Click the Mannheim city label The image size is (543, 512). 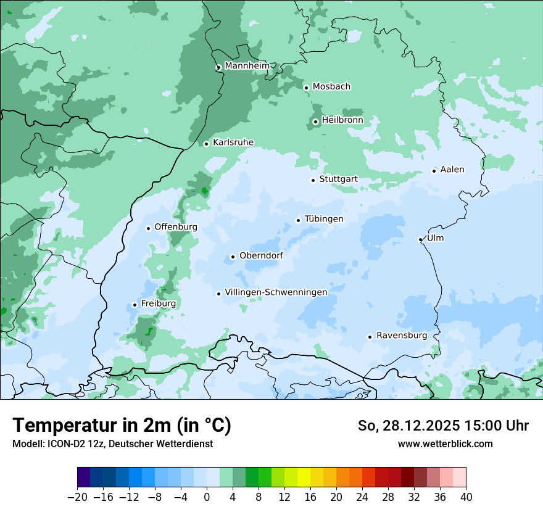coord(247,66)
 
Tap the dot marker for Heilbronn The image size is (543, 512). coord(315,122)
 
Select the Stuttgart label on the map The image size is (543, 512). coord(338,180)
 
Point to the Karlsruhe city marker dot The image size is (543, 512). coord(207,144)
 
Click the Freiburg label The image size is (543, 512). coord(158,303)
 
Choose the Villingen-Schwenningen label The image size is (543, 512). coord(276,292)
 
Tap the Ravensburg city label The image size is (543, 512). coord(402,336)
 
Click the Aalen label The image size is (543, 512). coord(452,170)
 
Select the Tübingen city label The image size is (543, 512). coord(324,219)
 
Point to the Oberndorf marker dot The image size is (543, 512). coord(233,257)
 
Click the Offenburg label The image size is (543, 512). coord(176,227)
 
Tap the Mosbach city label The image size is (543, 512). coord(331,87)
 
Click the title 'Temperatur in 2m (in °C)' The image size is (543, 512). coord(122,426)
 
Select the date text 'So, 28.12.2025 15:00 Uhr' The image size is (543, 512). coord(443,426)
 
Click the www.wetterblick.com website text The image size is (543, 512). coord(445,444)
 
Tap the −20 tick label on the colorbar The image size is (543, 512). coord(77,497)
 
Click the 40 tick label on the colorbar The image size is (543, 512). coord(466,497)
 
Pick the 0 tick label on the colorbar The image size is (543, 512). coord(207,497)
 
